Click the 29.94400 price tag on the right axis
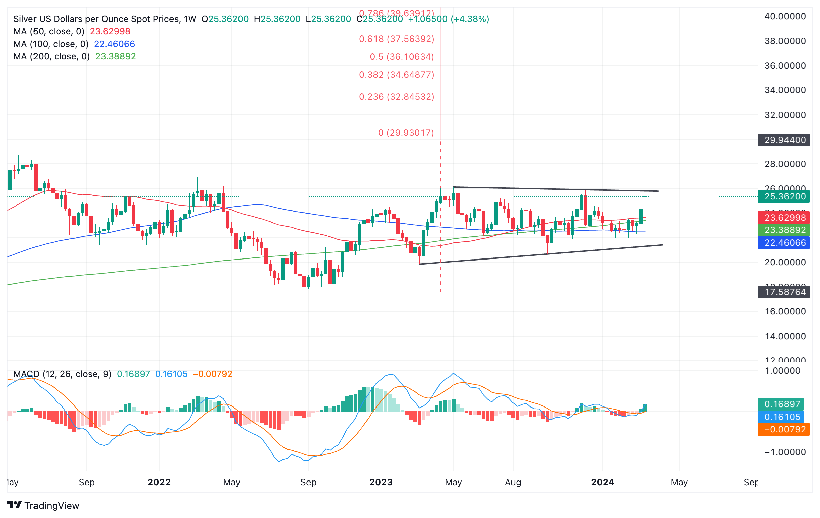[784, 140]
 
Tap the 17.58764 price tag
[784, 292]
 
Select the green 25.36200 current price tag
[784, 196]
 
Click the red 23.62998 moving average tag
[784, 217]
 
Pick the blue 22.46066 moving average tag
[784, 243]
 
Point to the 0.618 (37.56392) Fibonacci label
[397, 39]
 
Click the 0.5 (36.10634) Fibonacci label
[402, 57]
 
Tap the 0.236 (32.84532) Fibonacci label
[397, 97]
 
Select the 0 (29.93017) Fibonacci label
[406, 132]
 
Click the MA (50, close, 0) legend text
[49, 32]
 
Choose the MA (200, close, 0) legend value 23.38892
[116, 56]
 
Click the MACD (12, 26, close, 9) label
[62, 374]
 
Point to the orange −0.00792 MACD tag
[784, 429]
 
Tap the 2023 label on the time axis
[381, 482]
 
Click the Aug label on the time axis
[513, 482]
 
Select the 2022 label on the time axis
[159, 482]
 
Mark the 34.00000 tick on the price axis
[785, 90]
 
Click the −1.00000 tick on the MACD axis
[785, 452]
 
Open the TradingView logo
[43, 505]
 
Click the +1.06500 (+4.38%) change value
[449, 19]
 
